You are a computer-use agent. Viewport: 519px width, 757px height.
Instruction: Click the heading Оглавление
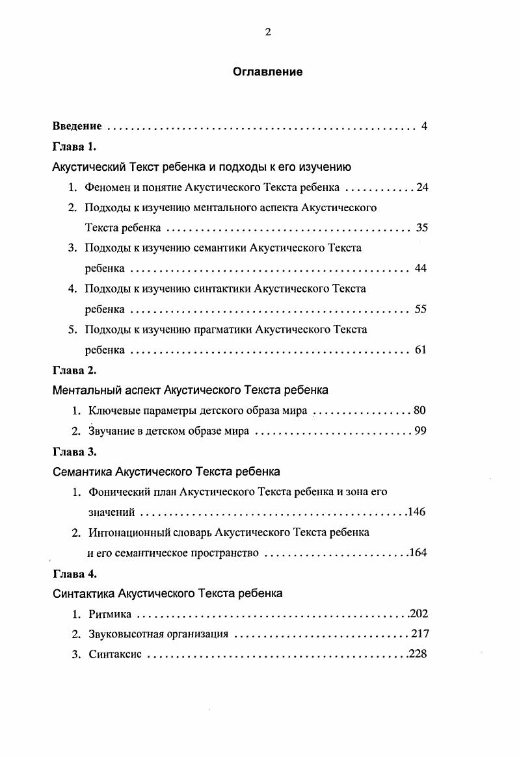click(267, 72)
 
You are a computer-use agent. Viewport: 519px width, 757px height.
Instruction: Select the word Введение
click(77, 126)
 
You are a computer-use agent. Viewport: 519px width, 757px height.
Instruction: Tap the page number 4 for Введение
click(423, 126)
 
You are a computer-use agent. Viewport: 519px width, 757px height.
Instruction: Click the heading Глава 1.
click(74, 147)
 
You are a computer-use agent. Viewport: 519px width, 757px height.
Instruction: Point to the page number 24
click(422, 188)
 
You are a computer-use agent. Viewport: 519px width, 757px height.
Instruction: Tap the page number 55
click(420, 309)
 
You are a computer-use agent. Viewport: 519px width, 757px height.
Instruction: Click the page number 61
click(420, 350)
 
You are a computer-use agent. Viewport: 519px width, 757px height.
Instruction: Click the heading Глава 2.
click(74, 370)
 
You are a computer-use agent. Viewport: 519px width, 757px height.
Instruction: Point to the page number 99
click(420, 431)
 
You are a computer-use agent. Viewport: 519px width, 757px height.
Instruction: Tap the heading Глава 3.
click(74, 452)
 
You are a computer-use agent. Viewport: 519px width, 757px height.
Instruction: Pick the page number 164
click(418, 553)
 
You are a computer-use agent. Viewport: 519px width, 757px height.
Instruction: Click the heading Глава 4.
click(74, 574)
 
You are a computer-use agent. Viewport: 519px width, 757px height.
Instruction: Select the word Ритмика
click(111, 614)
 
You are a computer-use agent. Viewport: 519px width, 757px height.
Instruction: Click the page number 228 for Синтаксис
click(418, 654)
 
